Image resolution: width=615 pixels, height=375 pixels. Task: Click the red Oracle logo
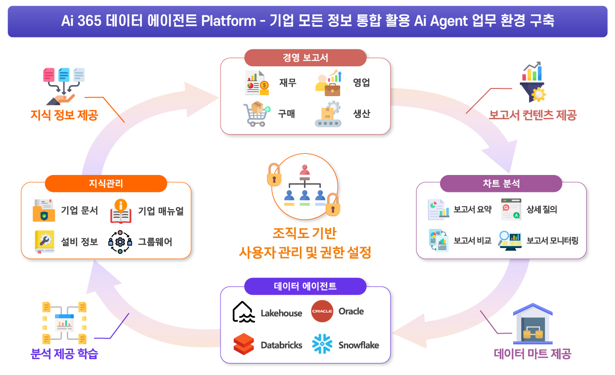[322, 312]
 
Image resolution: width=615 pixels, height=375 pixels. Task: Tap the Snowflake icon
[322, 344]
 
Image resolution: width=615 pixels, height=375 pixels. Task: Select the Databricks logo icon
[244, 344]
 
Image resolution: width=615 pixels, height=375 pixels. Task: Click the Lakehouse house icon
[244, 312]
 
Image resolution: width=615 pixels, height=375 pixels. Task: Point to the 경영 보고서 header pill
[305, 58]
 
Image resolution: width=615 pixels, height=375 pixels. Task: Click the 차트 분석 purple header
[501, 184]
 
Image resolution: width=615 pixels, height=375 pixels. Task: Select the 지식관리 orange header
[106, 184]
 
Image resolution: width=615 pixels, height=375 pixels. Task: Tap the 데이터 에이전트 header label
[305, 287]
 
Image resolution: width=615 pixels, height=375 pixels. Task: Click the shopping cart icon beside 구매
[256, 114]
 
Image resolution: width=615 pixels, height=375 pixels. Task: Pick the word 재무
[287, 83]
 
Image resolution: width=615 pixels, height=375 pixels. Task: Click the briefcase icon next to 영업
[329, 82]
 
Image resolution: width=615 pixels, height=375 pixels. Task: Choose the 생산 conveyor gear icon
[328, 114]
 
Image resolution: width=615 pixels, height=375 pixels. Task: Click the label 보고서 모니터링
[552, 240]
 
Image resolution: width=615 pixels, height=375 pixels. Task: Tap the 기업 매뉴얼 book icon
[121, 211]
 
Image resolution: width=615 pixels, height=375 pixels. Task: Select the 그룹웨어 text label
[155, 242]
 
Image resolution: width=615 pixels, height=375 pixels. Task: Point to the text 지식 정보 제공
[64, 115]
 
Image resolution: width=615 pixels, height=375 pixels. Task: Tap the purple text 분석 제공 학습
[64, 355]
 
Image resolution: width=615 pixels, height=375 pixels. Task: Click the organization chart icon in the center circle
[304, 187]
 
